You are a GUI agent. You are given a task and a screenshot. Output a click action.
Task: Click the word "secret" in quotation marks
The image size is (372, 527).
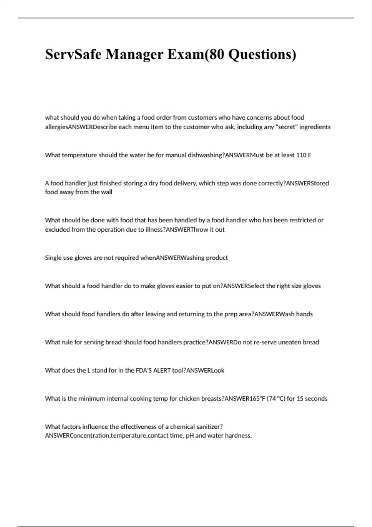tap(286, 127)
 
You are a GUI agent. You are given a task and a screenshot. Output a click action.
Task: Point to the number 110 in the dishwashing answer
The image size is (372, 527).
tap(301, 155)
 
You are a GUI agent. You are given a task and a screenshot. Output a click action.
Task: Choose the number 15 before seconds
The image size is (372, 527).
tap(300, 399)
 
